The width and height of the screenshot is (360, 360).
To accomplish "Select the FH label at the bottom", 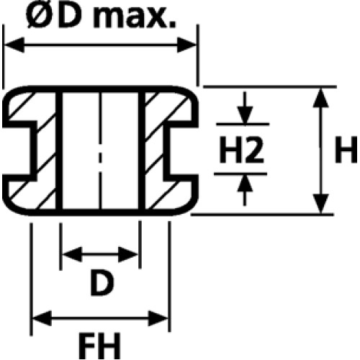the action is coord(99,345).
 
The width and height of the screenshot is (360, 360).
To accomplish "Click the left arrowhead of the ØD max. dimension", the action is coord(14,45).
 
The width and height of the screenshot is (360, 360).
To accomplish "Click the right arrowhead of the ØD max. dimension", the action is coord(186,45).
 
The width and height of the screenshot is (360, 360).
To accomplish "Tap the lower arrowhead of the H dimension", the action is coord(321,204).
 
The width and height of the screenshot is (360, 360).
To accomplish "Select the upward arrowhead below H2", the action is coord(245,183).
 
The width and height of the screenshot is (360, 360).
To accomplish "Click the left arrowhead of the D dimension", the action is coord(72,254).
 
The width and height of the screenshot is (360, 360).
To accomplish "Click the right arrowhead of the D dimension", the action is coord(128,254).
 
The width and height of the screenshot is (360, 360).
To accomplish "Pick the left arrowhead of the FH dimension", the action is coord(42,319).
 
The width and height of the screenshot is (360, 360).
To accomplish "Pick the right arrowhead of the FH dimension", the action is coord(158,319).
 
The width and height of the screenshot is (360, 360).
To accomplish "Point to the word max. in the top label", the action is coord(135,18).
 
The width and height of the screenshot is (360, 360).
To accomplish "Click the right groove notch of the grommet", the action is coord(181,149).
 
